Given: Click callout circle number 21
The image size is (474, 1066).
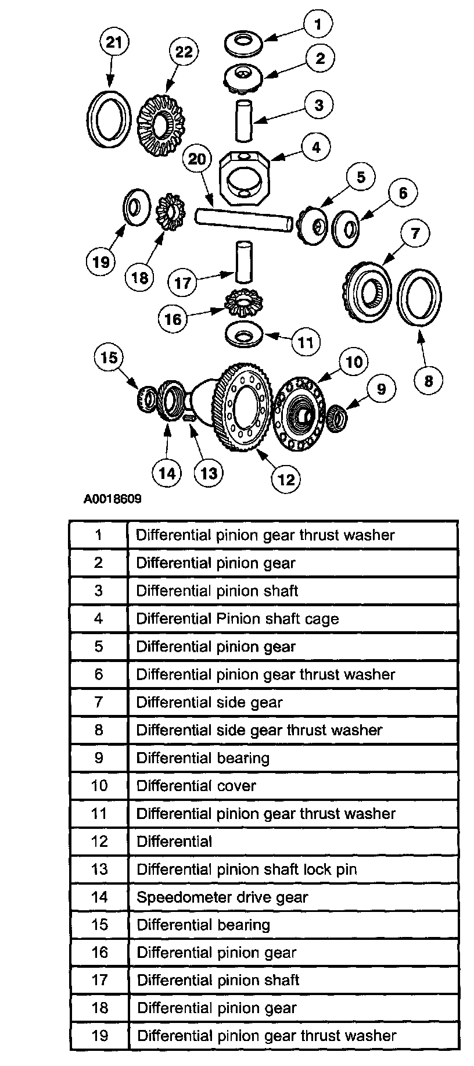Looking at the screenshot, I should click(x=114, y=42).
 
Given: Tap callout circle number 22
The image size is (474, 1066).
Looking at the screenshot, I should click(x=184, y=52).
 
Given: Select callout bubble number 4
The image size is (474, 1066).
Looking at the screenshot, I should click(x=316, y=148).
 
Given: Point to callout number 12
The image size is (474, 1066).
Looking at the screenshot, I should click(x=286, y=479).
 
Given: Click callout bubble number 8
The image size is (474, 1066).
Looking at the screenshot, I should click(x=429, y=381).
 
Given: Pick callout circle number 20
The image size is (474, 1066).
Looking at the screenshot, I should click(x=198, y=158).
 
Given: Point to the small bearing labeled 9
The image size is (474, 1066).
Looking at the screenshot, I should click(x=336, y=418).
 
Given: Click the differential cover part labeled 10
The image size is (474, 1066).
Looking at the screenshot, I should click(x=300, y=413).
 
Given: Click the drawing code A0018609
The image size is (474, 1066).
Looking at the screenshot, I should click(x=112, y=499).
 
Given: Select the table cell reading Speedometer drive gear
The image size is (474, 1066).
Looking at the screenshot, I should click(x=222, y=897).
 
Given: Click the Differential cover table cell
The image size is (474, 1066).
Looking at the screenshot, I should click(x=196, y=786).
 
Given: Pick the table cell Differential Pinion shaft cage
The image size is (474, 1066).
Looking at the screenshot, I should click(x=237, y=618).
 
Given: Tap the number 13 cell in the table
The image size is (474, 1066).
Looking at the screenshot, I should click(x=99, y=870).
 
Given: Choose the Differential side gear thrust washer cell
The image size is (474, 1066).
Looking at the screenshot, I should click(x=259, y=730).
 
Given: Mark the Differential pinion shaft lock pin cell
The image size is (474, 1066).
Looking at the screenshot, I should click(x=246, y=870).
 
